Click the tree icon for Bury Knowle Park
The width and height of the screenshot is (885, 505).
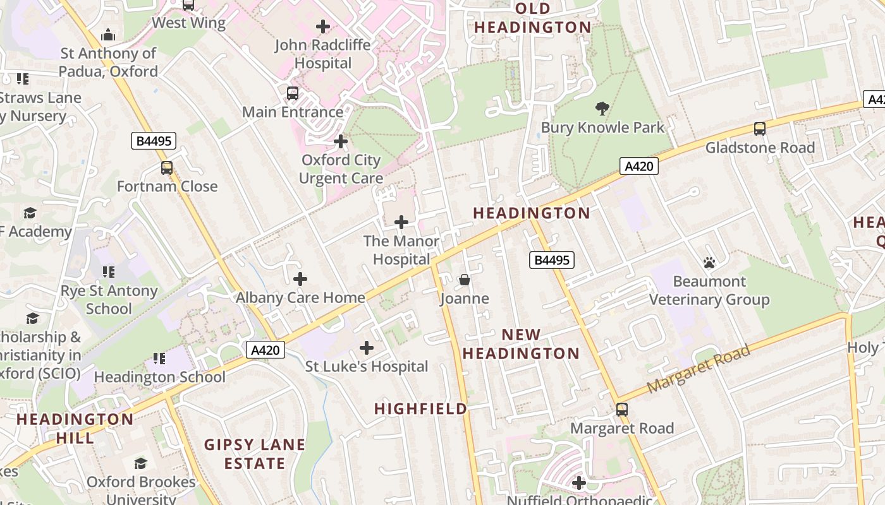coord(602,109)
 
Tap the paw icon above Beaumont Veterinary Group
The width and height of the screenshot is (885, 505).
coord(709,263)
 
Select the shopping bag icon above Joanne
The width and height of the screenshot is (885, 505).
coord(465,280)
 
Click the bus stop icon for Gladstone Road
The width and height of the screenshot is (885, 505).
coord(760,129)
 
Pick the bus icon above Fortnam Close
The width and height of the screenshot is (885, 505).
coord(167,168)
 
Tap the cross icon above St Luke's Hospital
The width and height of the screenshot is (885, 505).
coord(367,348)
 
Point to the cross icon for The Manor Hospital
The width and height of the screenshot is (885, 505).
coord(401,222)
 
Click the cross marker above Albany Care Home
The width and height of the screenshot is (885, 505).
coord(300,279)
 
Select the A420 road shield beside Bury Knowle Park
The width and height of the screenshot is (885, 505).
coord(638,166)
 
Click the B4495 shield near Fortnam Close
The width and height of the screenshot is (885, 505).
coord(154,141)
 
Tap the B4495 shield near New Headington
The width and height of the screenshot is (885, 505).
coord(551,259)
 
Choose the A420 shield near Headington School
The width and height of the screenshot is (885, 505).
coord(265,350)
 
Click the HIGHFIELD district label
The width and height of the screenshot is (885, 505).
coord(420,409)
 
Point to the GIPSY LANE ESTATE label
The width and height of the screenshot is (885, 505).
coord(254,454)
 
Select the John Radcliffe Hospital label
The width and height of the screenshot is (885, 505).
coord(323,54)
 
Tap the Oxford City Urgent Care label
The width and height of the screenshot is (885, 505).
coord(341,169)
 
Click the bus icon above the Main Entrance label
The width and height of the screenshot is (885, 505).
coord(293,93)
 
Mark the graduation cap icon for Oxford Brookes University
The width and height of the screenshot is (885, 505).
coord(140,463)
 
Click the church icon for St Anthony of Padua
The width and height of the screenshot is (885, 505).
coord(108,34)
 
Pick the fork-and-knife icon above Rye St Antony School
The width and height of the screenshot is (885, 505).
coord(109,272)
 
